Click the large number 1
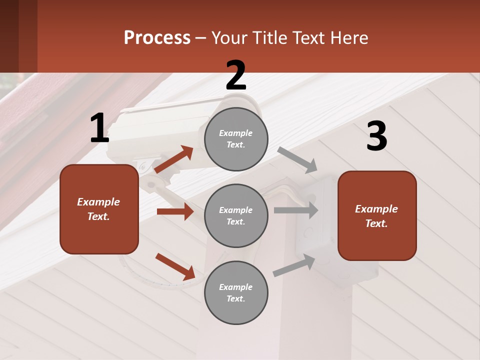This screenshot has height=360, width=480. (99, 128)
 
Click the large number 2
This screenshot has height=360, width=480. (236, 75)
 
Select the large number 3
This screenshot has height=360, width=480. (376, 136)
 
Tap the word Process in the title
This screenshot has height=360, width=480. (157, 37)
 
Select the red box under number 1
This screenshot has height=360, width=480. (99, 209)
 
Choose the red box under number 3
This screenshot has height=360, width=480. (377, 215)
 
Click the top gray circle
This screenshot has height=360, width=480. (236, 139)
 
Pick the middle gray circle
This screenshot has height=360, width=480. (236, 215)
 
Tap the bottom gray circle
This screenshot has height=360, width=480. (236, 292)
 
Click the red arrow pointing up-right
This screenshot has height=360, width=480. (174, 159)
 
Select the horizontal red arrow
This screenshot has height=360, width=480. (175, 211)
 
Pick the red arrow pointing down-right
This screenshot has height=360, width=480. (175, 266)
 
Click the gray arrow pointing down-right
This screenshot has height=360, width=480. (297, 159)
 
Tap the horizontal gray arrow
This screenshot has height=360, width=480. (295, 210)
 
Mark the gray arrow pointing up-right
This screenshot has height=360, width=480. (294, 265)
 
